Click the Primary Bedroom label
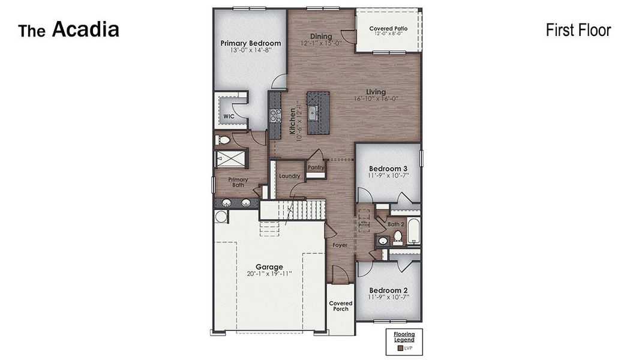250,43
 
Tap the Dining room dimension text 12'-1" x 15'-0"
321,43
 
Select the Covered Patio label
388,28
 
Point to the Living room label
376,92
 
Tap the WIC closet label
228,116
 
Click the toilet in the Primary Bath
223,140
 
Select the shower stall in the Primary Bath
230,160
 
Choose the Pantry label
316,167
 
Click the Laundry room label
289,176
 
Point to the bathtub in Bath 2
414,233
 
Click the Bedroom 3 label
388,168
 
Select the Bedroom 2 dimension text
388,296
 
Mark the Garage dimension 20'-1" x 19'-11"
269,274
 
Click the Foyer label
340,245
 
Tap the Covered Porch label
340,306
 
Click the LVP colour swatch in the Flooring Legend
399,347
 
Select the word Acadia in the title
85,29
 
